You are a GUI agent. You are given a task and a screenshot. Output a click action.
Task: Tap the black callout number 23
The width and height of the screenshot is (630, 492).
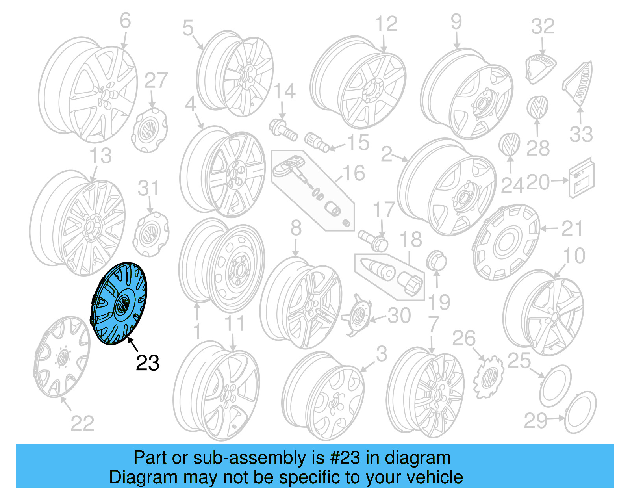point(148,363)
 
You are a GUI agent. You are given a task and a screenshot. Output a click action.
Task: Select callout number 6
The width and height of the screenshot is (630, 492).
point(125,20)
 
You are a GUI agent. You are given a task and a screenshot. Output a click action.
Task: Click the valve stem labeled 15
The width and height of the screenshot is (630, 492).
point(317,142)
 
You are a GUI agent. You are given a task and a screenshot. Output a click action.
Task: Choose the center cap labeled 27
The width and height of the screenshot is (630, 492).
point(149,130)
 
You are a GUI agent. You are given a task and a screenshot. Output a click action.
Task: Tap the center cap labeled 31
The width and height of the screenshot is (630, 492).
point(151,234)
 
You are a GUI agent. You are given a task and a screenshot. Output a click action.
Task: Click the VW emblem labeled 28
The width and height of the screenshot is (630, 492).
point(537,107)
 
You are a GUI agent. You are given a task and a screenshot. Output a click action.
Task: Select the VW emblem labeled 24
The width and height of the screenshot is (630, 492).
point(509,145)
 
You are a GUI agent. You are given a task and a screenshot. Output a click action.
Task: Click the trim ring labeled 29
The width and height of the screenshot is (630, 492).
point(580,412)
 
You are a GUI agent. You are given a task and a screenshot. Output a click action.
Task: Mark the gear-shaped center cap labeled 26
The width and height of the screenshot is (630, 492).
point(488,376)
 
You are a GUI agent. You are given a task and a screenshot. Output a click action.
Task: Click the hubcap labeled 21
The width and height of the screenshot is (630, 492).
point(506,242)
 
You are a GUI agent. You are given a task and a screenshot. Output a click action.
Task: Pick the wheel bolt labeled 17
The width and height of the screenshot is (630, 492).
point(373,240)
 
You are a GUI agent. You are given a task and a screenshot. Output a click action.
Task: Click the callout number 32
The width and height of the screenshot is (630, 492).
point(543,26)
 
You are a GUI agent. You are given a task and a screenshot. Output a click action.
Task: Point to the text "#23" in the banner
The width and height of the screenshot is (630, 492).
point(345,458)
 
